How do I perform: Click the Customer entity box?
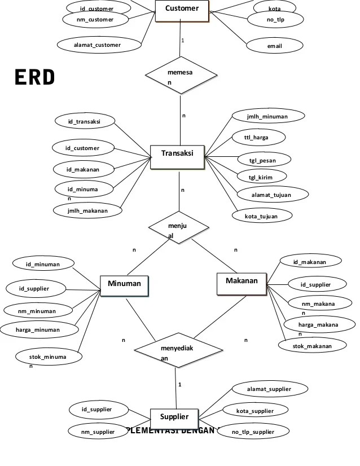182,10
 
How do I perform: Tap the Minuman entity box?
124,285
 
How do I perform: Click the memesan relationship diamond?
179,75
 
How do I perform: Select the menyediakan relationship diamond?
177,350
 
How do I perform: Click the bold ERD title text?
35,78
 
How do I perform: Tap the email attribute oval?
275,46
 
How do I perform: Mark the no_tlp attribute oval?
275,20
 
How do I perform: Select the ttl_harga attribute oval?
260,137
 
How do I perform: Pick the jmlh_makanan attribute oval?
87,210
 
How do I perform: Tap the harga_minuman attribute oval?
38,329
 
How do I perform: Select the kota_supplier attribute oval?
254,411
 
